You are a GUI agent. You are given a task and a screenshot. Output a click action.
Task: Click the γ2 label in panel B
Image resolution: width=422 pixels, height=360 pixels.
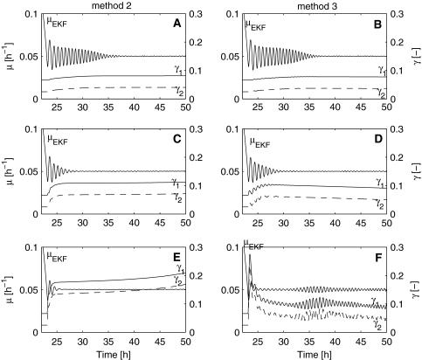382,90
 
